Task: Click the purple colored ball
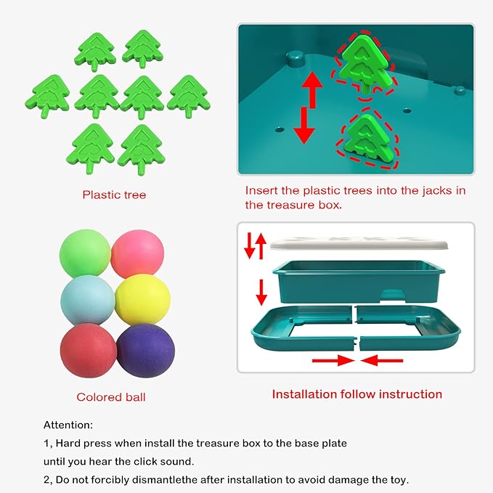pos(145,350)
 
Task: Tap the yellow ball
pos(142,299)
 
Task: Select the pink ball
pos(137,254)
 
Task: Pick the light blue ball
pos(87,301)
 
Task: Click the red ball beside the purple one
pos(89,350)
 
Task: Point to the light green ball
pos(85,253)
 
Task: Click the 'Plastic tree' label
pos(115,195)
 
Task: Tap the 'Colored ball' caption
pos(111,397)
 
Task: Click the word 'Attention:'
pos(68,425)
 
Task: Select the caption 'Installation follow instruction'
pos(357,394)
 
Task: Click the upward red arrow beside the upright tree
pos(312,89)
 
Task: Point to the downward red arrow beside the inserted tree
pos(304,126)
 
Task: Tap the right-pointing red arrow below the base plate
pos(333,360)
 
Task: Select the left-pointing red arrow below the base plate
pos(382,360)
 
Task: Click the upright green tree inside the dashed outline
pos(367,65)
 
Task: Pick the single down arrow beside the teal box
pos(261,293)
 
